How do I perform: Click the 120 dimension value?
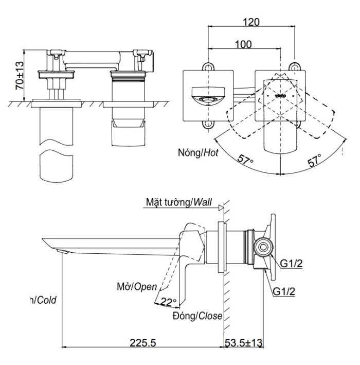[x=251, y=22]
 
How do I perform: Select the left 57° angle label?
[x=245, y=160]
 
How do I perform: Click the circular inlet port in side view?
[x=263, y=247]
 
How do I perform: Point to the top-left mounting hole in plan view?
[x=209, y=66]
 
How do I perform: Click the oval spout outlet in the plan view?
[x=209, y=99]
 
